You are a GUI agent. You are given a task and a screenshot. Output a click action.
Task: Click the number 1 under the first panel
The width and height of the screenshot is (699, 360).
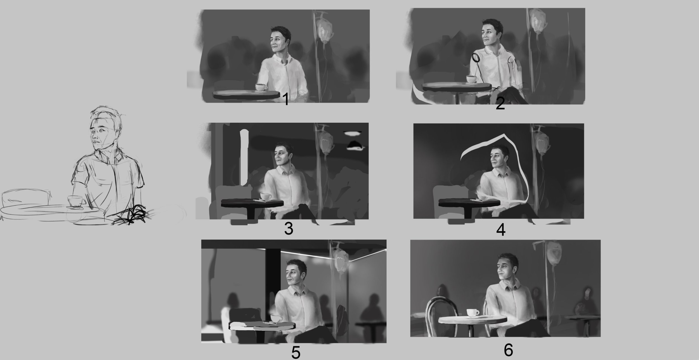point(285,100)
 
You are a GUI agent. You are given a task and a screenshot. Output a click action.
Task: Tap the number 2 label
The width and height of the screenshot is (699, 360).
point(500,103)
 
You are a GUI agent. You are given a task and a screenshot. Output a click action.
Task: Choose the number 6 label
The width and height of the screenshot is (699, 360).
point(508,349)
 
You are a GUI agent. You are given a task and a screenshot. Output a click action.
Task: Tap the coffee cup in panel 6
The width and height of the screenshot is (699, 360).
point(473,312)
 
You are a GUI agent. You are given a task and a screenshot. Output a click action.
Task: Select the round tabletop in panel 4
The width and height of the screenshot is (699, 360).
point(469,203)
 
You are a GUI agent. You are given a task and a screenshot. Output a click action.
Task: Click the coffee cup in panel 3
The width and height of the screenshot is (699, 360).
point(266,196)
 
